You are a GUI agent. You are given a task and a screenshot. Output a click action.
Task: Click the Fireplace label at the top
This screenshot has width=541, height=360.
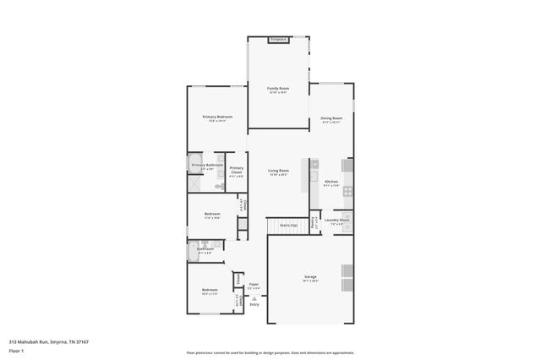(x=279, y=40)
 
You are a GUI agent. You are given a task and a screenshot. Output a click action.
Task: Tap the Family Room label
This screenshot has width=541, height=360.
(x=279, y=88)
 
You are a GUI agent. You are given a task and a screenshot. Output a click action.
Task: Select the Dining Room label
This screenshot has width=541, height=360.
(x=331, y=117)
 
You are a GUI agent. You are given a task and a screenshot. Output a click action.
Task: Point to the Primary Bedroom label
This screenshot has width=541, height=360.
(x=217, y=117)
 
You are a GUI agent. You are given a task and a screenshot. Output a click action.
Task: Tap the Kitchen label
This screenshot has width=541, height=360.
(x=331, y=182)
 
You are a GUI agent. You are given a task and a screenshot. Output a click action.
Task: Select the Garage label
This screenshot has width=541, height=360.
(x=311, y=275)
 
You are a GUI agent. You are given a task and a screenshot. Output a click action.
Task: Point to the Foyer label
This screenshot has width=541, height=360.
(x=254, y=284)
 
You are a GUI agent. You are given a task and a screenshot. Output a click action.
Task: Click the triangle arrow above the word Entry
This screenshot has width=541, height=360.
(x=254, y=297)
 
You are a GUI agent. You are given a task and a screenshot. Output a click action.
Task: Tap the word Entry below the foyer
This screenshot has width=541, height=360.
(x=254, y=304)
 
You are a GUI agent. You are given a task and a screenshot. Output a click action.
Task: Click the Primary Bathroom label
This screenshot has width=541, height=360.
(x=207, y=165)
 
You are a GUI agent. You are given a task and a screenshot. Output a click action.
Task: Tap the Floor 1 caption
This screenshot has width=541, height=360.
(x=17, y=350)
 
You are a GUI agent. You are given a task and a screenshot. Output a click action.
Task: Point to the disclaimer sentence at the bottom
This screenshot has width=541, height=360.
(x=270, y=352)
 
